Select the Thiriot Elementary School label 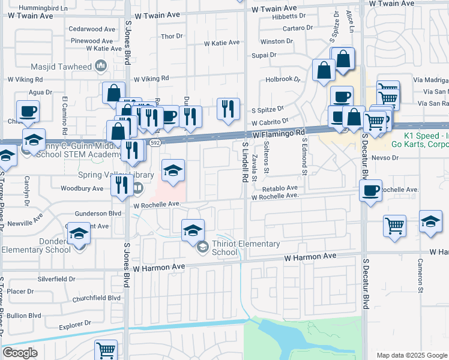[246, 248]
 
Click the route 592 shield [155, 143]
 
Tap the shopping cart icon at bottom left [106, 349]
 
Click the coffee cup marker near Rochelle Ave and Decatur [370, 191]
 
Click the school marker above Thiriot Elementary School [193, 230]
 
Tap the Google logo [20, 353]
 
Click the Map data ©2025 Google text [412, 355]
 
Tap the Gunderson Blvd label [98, 213]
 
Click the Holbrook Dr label [282, 79]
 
